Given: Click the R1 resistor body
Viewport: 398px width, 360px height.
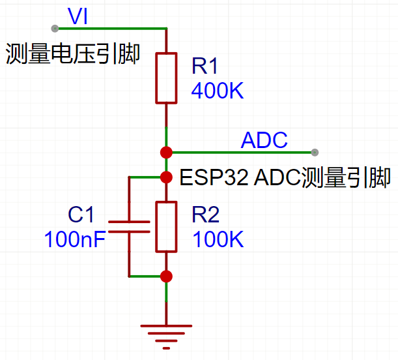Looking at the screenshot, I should click(166, 78).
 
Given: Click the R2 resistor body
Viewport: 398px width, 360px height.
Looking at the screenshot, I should click(166, 226).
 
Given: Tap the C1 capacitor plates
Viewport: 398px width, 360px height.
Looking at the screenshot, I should click(129, 226).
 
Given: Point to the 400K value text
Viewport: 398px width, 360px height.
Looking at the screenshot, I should click(217, 91).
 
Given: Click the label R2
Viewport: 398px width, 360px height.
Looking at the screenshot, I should click(206, 215).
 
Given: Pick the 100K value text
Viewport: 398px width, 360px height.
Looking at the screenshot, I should click(218, 239).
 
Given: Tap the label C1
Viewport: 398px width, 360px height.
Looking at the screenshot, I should click(81, 215).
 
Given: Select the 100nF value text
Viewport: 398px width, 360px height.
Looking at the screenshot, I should click(75, 239).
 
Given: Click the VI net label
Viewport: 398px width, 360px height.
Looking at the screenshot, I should click(78, 16).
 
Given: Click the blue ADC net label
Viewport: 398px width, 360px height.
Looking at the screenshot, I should click(264, 140).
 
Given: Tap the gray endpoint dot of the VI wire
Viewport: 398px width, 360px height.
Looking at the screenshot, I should click(55, 28).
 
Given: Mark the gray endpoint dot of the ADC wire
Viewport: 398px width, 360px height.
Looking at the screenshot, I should click(315, 153).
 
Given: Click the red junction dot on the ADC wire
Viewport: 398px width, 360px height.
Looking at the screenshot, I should click(166, 153).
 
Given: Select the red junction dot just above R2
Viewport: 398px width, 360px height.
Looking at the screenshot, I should click(166, 177).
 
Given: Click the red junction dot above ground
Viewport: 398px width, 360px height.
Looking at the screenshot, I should click(166, 276).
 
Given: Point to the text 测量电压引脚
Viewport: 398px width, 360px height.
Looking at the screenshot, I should click(72, 53).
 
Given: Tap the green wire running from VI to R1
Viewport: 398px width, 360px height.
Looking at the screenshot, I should click(111, 28).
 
